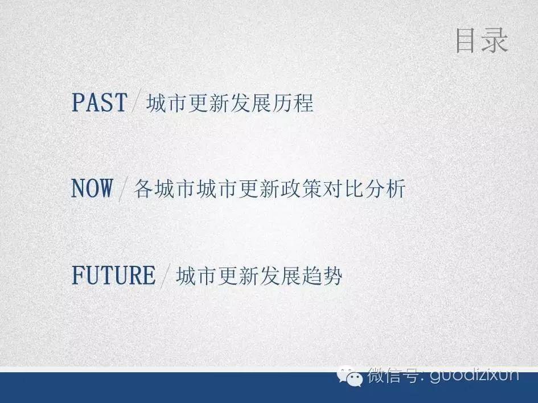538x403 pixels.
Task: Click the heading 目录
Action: click(x=482, y=41)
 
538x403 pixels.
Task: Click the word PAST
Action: click(x=99, y=102)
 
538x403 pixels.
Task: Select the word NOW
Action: click(x=92, y=188)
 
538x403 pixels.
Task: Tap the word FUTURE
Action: click(x=113, y=275)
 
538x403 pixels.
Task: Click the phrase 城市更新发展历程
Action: click(x=230, y=103)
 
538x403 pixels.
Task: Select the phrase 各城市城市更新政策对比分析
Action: click(x=269, y=188)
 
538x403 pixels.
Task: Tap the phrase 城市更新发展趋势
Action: click(x=259, y=275)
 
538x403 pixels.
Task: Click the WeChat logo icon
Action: click(x=350, y=377)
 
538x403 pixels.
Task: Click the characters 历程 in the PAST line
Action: click(x=293, y=103)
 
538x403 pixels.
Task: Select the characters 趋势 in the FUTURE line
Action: click(x=322, y=275)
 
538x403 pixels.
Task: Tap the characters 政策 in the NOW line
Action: click(x=301, y=188)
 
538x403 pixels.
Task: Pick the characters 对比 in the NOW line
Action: click(x=343, y=188)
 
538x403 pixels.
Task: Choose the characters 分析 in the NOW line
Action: click(x=385, y=188)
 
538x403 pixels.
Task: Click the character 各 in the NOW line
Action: click(x=143, y=188)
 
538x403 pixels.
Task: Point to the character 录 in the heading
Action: click(x=495, y=41)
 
